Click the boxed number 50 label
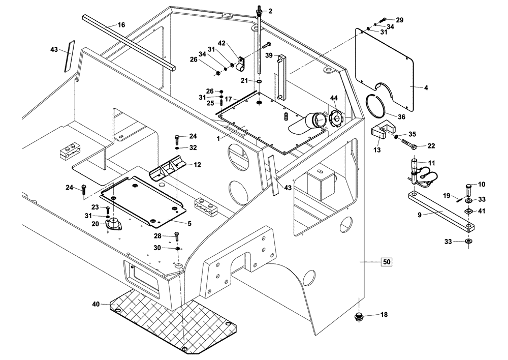pyautogui.click(x=387, y=262)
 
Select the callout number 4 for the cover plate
pyautogui.click(x=426, y=87)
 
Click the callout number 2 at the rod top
pyautogui.click(x=270, y=11)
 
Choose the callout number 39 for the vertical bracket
pyautogui.click(x=269, y=55)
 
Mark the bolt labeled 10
pyautogui.click(x=469, y=191)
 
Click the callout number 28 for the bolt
pyautogui.click(x=157, y=236)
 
